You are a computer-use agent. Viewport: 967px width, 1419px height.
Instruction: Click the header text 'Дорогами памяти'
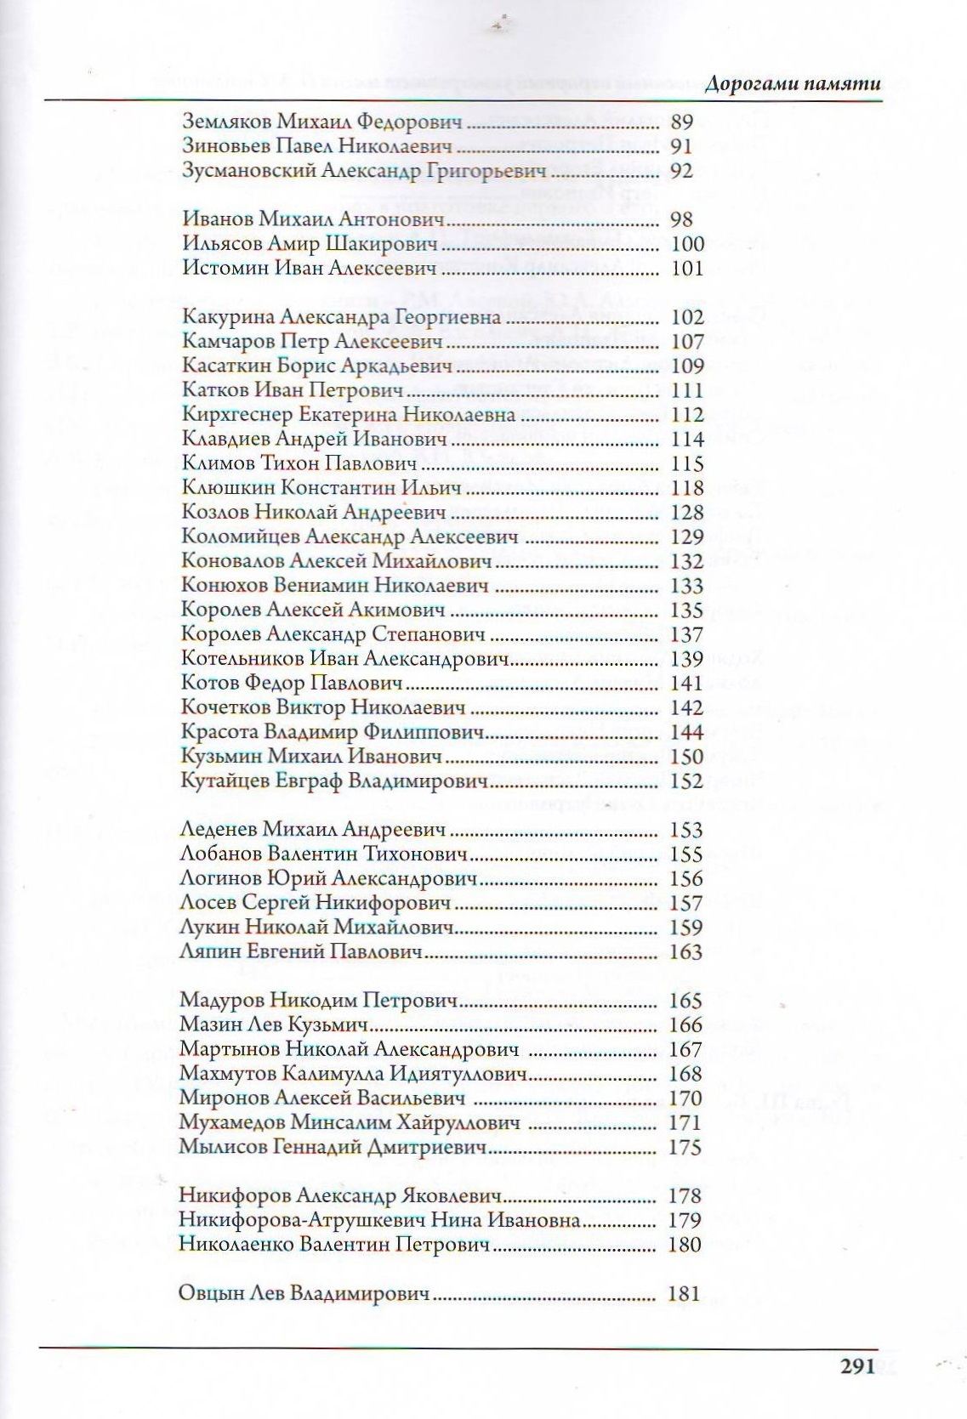(792, 84)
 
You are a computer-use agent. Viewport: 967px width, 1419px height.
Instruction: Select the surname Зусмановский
(249, 171)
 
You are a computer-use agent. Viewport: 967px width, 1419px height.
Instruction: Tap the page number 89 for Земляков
(682, 122)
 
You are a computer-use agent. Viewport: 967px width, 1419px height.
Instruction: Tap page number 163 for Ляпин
(686, 952)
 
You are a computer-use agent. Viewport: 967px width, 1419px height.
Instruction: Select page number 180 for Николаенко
(685, 1246)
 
